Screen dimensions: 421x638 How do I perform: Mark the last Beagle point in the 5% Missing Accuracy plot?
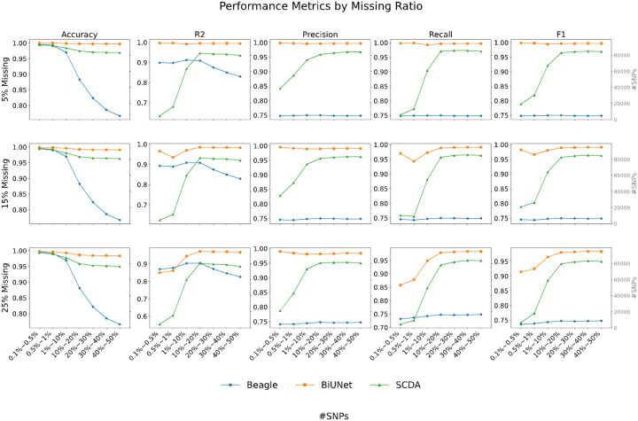point(120,116)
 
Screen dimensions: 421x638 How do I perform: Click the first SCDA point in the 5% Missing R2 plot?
point(159,116)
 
